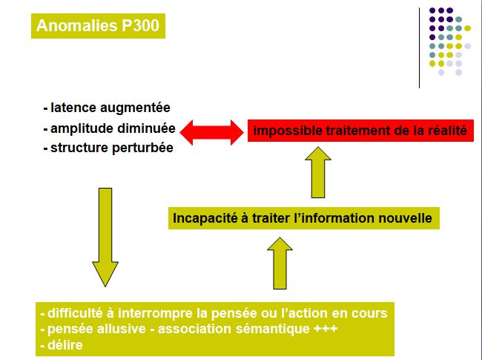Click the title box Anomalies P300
98,26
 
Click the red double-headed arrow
211,132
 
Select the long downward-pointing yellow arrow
105,238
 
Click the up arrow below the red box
318,172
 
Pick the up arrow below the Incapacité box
280,264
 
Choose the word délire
65,345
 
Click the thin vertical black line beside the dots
419,48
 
